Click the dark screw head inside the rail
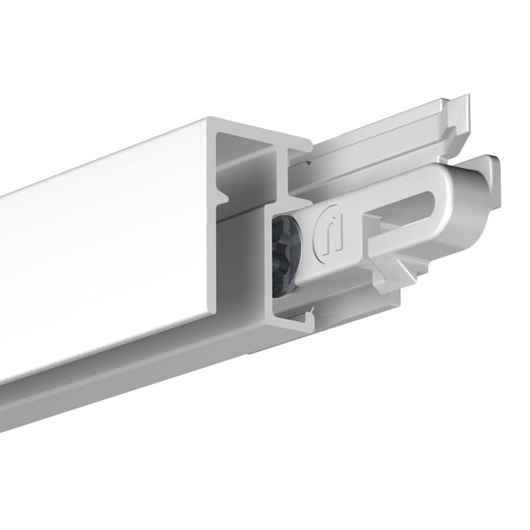[x=286, y=252]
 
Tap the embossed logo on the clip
[x=330, y=232]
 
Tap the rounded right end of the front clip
[x=487, y=192]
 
